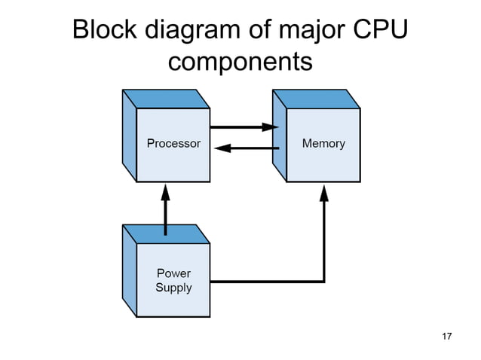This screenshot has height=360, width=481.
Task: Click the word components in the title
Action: (240, 63)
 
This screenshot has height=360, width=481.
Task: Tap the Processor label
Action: (173, 143)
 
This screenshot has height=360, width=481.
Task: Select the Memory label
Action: (323, 143)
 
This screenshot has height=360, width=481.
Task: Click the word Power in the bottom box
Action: (173, 273)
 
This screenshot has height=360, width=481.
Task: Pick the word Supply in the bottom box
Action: (173, 288)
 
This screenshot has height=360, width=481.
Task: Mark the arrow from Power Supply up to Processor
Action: (165, 211)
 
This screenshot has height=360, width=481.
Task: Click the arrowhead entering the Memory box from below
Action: (324, 193)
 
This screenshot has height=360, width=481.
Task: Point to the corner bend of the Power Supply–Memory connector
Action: (324, 282)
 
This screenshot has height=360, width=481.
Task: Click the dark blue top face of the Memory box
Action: (316, 99)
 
